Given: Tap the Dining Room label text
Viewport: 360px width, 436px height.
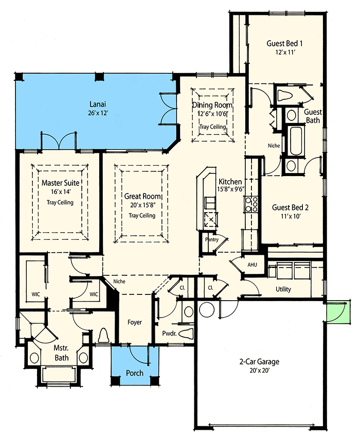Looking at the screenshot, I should tap(212, 105).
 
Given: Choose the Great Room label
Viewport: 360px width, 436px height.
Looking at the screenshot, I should tap(142, 196).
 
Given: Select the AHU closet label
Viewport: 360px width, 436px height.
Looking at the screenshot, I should tap(252, 265).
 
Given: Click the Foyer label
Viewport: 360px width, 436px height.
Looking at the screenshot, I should tap(135, 322).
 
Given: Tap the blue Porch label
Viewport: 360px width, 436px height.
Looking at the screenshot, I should tap(135, 373).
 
